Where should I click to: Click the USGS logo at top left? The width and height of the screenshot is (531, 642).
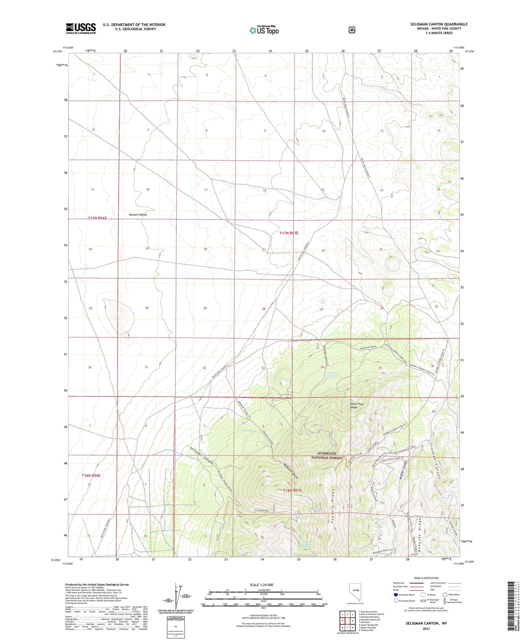(80, 28)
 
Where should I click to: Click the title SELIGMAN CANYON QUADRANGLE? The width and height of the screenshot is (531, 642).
(439, 24)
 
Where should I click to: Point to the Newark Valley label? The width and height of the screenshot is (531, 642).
(138, 215)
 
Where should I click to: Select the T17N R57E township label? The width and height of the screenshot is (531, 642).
(289, 233)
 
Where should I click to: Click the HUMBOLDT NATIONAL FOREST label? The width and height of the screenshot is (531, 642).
(327, 456)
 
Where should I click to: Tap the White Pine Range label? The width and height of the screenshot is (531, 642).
(356, 406)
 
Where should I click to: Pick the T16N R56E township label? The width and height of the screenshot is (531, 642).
(91, 475)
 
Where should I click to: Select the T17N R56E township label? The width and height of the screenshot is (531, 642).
(97, 218)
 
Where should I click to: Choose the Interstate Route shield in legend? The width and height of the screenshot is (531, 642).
(396, 595)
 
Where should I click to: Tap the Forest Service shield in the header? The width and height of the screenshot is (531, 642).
(352, 30)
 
